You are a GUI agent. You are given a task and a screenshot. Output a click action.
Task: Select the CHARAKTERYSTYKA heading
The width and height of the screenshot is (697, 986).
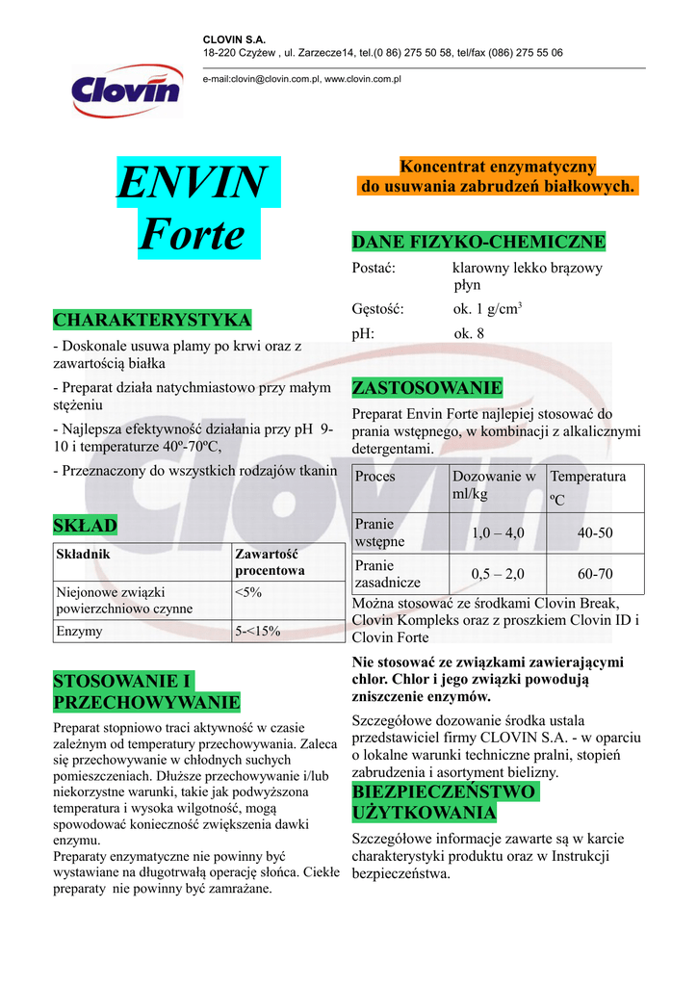tap(152, 320)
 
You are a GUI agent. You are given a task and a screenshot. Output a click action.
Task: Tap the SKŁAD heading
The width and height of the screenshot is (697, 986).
tap(86, 525)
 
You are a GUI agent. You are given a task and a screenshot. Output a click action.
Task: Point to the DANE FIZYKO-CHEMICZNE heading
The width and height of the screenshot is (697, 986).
tap(478, 242)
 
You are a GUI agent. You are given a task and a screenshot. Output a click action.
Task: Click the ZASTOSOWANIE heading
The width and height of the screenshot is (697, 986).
tap(427, 388)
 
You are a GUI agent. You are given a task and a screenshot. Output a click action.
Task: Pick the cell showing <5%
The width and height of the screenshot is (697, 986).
tap(248, 593)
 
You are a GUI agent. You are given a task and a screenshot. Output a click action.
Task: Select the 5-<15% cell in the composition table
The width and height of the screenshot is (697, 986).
tap(257, 632)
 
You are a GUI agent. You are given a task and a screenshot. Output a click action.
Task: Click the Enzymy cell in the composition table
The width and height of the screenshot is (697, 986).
tap(80, 632)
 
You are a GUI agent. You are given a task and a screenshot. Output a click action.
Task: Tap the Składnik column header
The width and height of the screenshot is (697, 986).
tap(84, 555)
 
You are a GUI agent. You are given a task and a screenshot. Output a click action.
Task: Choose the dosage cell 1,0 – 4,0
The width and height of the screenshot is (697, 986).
tap(497, 532)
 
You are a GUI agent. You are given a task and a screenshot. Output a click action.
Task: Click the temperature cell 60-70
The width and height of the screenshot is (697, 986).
tap(595, 574)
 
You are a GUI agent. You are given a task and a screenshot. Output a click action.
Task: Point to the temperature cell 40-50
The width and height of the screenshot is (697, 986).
tap(595, 532)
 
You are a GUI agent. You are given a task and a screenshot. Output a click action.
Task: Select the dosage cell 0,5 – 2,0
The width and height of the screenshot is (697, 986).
tap(497, 574)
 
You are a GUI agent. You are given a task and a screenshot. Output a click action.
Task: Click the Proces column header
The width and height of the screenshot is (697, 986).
tap(375, 477)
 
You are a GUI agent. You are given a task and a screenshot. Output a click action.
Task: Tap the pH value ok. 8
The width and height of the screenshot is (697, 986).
tap(469, 334)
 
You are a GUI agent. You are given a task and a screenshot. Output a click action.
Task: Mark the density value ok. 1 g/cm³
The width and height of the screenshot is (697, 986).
tap(487, 309)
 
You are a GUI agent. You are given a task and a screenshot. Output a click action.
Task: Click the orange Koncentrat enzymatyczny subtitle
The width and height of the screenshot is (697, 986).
tap(497, 176)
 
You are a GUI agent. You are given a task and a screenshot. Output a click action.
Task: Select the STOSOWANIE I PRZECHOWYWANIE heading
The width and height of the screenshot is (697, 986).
tap(146, 691)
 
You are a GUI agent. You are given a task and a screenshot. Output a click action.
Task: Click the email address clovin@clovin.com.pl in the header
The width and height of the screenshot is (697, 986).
tap(260, 79)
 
